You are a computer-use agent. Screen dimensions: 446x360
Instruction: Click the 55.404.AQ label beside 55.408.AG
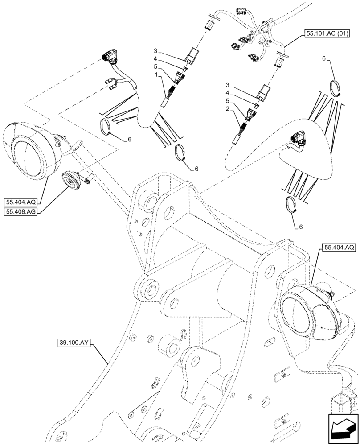click(x=20, y=201)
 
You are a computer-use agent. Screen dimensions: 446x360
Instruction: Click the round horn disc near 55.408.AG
click(x=71, y=180)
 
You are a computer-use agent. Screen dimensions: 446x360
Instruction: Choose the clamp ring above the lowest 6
click(x=292, y=204)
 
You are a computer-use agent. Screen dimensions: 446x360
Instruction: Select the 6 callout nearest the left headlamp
click(x=130, y=139)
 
